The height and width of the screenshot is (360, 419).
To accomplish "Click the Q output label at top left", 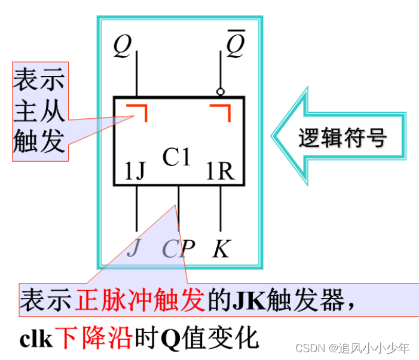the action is [122, 47].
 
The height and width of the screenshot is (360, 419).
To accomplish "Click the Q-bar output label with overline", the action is [234, 46].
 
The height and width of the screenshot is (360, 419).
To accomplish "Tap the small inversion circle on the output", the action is [221, 92].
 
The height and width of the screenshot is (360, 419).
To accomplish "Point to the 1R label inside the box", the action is [219, 172].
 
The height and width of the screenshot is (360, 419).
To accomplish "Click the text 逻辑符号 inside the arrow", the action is [342, 139].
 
